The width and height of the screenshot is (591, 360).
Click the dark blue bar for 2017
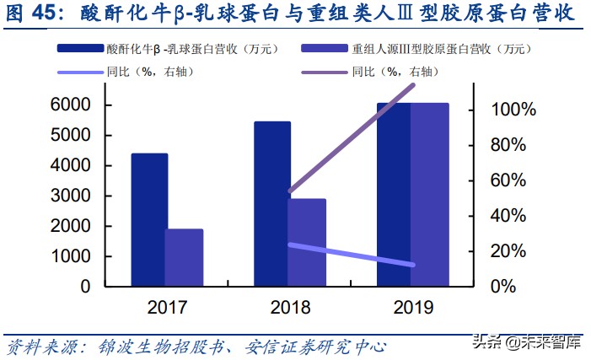149,219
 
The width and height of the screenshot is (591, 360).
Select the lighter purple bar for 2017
184,257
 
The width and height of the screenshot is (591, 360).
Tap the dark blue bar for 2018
272,203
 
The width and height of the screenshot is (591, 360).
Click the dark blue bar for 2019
394,194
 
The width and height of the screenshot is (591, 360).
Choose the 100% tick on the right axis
513,110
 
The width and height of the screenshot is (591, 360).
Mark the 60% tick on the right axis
513,180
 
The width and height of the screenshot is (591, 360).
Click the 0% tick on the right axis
513,287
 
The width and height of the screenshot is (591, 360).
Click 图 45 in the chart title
34,14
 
